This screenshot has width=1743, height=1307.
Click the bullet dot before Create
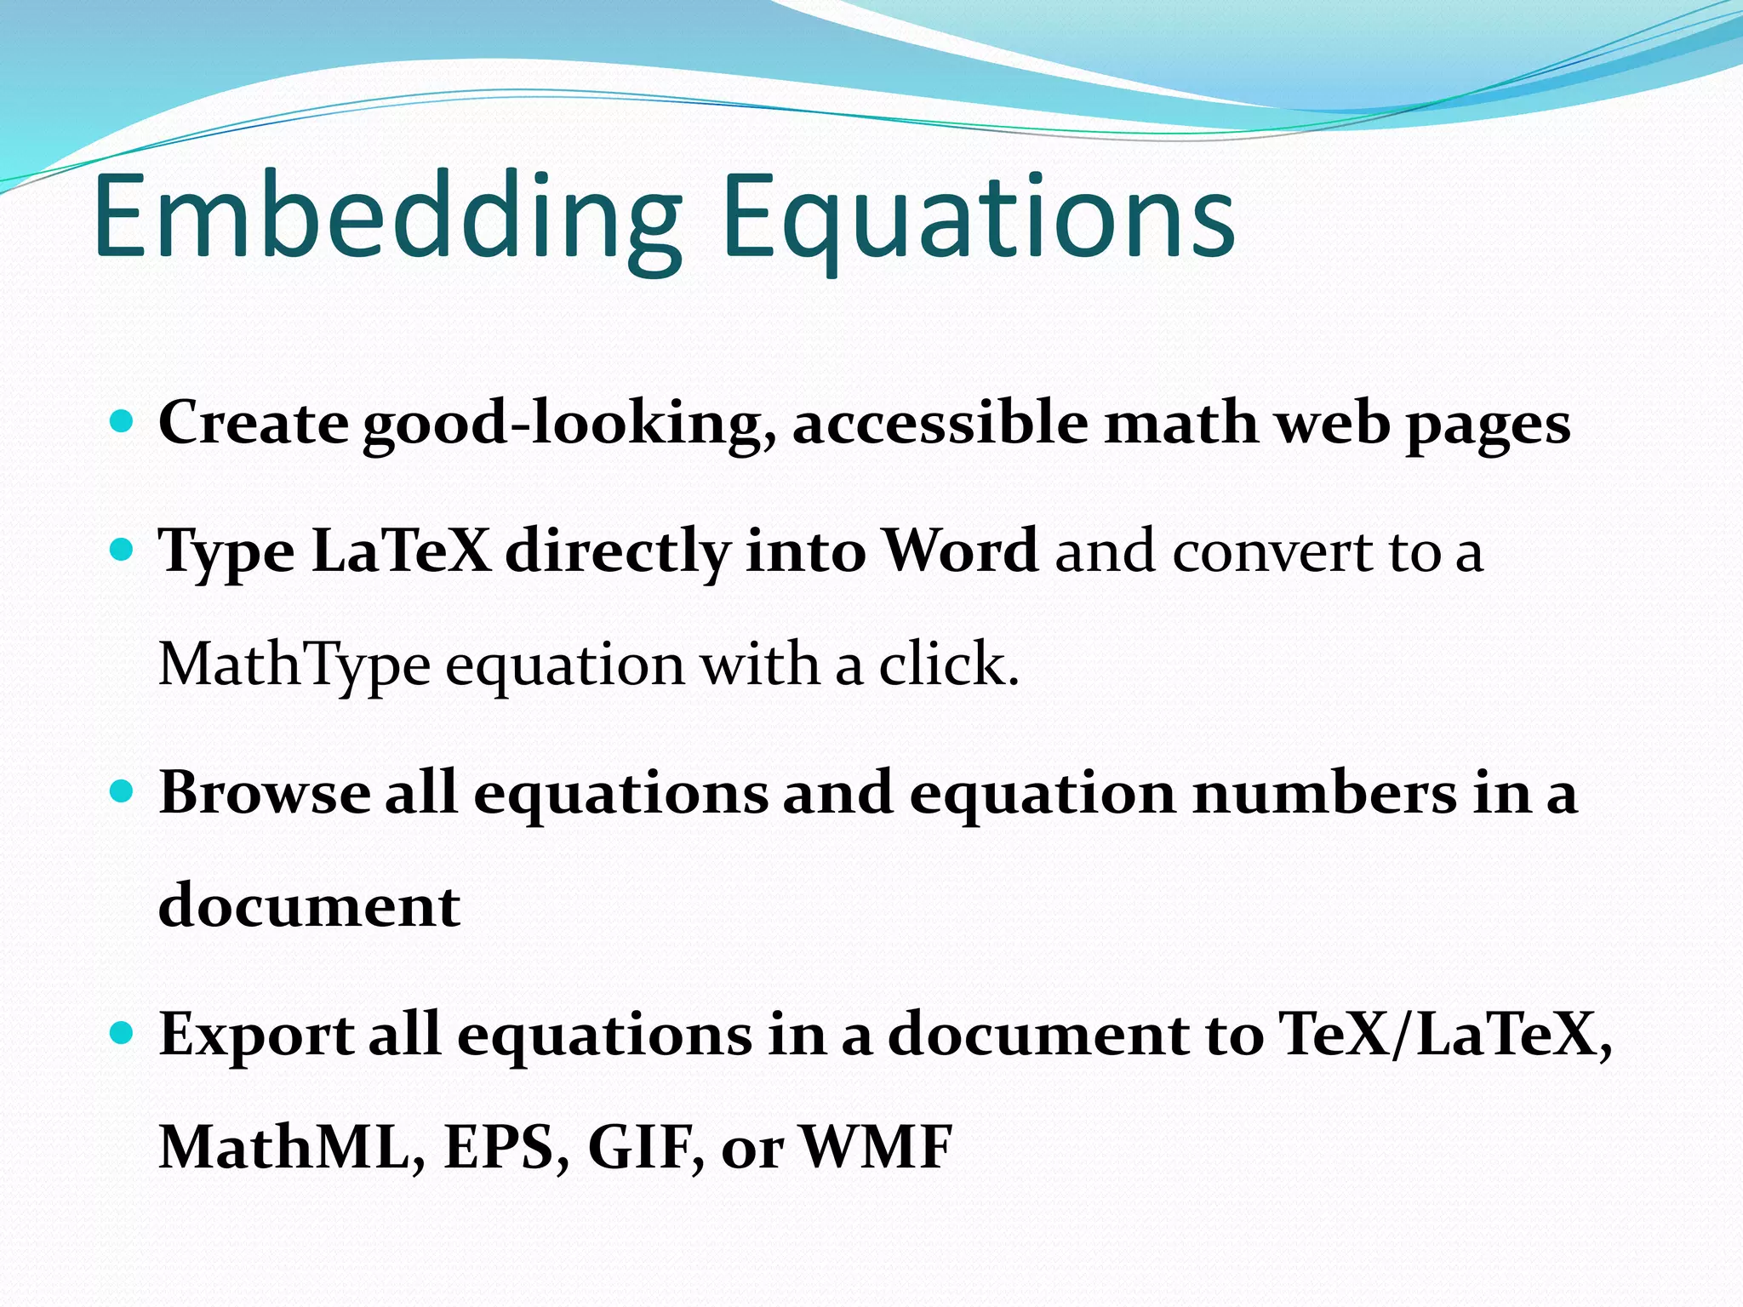(x=123, y=421)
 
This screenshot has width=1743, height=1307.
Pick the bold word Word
(x=959, y=551)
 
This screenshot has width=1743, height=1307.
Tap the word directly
(x=618, y=553)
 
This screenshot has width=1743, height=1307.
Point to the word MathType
(x=294, y=665)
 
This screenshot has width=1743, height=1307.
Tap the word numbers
(x=1323, y=792)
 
